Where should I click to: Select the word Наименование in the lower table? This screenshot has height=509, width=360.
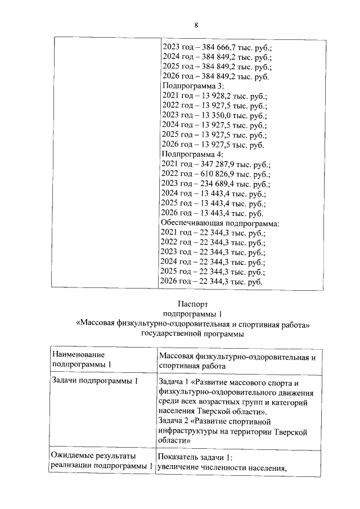point(78,354)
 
